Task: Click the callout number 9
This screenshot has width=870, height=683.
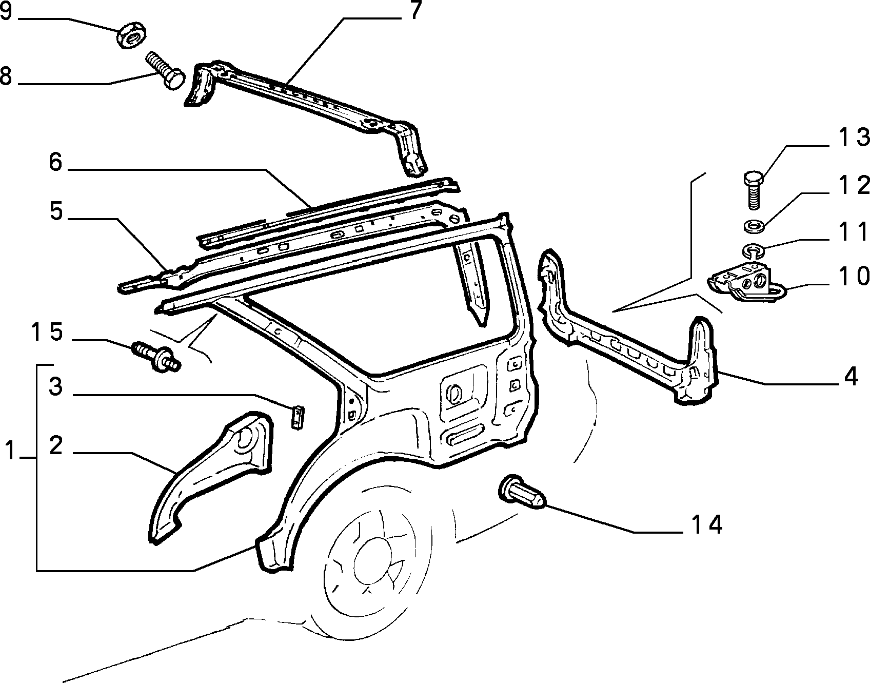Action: point(6,11)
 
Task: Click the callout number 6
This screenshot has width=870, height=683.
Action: point(56,162)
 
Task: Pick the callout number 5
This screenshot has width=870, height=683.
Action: point(56,211)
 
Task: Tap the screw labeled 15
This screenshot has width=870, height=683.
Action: point(156,355)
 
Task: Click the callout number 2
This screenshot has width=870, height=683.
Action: point(56,445)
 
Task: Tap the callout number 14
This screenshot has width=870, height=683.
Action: point(707,524)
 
